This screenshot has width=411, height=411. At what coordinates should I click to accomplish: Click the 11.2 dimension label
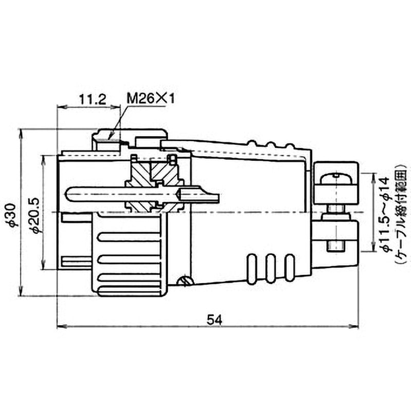[92, 100]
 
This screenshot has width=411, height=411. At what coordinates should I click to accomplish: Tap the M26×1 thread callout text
[151, 99]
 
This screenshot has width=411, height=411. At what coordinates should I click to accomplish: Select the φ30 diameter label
[12, 215]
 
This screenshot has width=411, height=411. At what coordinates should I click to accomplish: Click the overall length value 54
[214, 320]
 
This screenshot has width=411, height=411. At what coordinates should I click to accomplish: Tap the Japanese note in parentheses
[401, 214]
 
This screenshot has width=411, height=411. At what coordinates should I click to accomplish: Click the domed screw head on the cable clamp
[335, 178]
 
